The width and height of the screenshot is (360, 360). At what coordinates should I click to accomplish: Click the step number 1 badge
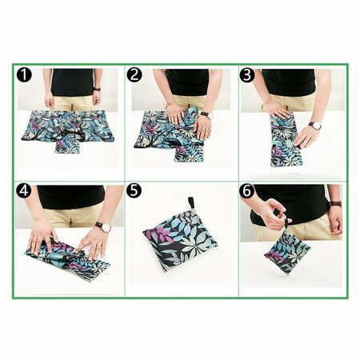click(x=24, y=75)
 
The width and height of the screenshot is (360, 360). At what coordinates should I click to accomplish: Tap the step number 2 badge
click(x=134, y=75)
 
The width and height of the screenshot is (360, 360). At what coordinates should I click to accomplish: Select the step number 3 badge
click(x=247, y=75)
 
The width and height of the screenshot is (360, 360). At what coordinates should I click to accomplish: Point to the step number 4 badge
click(x=24, y=190)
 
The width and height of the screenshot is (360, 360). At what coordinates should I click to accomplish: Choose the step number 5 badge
click(x=134, y=190)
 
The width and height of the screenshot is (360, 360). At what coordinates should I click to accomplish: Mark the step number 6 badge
click(x=247, y=190)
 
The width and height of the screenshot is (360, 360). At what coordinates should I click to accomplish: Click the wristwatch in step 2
click(x=207, y=115)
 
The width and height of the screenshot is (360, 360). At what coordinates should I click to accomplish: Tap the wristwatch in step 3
click(x=315, y=126)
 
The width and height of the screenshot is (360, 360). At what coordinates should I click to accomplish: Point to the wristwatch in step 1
click(x=97, y=89)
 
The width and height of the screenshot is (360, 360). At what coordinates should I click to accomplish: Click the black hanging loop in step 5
click(x=191, y=202)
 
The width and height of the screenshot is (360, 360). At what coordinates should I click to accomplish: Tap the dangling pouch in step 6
click(x=287, y=250)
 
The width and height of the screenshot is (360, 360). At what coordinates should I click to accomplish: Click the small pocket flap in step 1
click(x=67, y=143)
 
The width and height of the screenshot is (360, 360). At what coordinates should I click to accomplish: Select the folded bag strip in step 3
click(x=286, y=139)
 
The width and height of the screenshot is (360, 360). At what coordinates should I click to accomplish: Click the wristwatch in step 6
click(x=336, y=204)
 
